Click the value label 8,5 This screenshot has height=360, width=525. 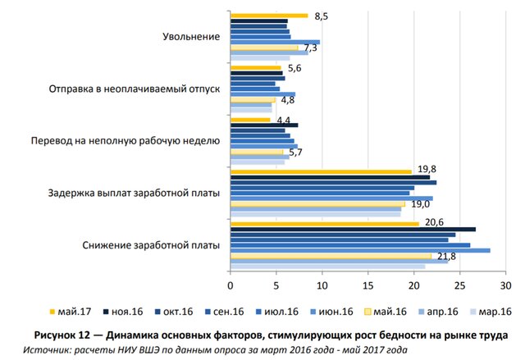[322, 16]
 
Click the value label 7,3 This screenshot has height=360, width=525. [310, 49]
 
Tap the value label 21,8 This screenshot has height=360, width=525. [445, 257]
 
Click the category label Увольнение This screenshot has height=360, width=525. [190, 37]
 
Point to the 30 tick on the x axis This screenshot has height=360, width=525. [506, 286]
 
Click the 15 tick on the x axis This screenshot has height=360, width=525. [368, 286]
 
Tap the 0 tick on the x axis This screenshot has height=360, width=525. [231, 286]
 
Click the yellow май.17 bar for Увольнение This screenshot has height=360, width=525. [269, 16]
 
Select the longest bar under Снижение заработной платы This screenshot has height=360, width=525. [360, 250]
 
